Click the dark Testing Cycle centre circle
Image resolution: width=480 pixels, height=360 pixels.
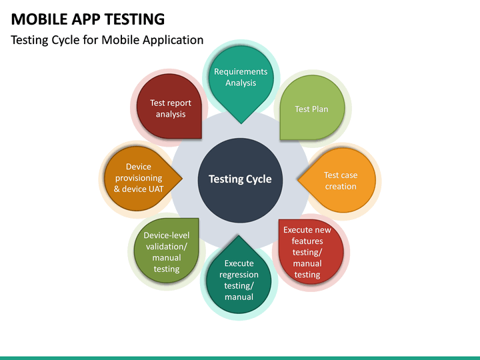(x=240, y=179)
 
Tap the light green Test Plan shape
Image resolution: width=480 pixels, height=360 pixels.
(x=311, y=109)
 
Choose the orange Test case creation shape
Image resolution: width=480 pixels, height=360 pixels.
(x=340, y=181)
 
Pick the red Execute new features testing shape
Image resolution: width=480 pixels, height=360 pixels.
(x=308, y=251)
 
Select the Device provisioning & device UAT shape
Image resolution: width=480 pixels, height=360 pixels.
(x=139, y=178)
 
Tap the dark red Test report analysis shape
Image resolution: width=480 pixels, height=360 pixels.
(x=170, y=108)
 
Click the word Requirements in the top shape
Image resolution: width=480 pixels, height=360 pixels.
(x=241, y=71)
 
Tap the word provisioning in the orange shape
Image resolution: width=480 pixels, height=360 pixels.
(x=139, y=178)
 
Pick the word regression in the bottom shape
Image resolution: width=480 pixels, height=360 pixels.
(x=239, y=275)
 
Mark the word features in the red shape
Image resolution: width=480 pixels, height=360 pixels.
(x=307, y=241)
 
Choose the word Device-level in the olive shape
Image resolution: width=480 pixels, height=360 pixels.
(x=167, y=235)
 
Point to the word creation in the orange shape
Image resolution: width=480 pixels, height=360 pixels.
(x=341, y=187)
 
